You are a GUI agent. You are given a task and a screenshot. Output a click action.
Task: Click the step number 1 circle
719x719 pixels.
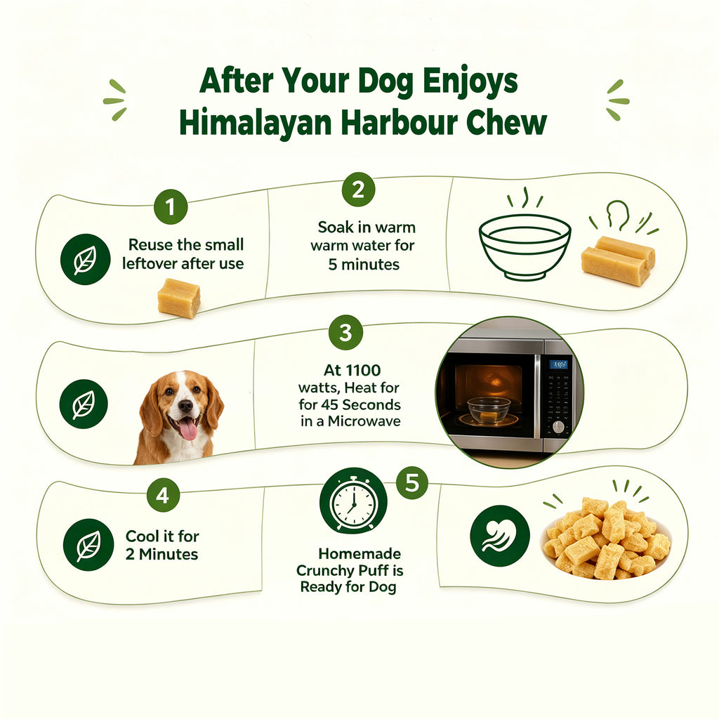pyautogui.click(x=171, y=207)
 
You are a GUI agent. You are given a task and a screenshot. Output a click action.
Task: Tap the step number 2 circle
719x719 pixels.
pyautogui.click(x=358, y=190)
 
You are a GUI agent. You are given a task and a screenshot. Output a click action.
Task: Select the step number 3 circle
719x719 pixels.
pyautogui.click(x=345, y=332)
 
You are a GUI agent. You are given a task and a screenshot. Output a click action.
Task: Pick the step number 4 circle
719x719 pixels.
pyautogui.click(x=163, y=495)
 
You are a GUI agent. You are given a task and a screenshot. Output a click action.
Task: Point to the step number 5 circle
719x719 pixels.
pyautogui.click(x=411, y=483)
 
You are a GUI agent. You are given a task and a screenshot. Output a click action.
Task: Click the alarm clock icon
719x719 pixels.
pyautogui.click(x=353, y=500)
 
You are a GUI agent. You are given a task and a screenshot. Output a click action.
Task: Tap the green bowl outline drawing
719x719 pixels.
pyautogui.click(x=525, y=246)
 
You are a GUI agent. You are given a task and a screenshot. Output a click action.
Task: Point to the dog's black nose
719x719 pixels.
pyautogui.click(x=185, y=405)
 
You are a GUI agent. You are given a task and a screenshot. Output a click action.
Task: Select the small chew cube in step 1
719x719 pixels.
pyautogui.click(x=179, y=298)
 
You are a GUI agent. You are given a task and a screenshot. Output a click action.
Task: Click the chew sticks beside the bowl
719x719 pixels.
pyautogui.click(x=618, y=260)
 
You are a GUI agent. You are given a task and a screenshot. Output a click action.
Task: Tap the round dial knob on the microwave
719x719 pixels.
pyautogui.click(x=558, y=428)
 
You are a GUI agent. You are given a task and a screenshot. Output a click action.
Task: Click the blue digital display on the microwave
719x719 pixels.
pyautogui.click(x=558, y=364)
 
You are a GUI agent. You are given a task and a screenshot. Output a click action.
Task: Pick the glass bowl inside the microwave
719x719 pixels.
pyautogui.click(x=489, y=409)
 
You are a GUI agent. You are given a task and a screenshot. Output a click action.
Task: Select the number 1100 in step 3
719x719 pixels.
pyautogui.click(x=363, y=370)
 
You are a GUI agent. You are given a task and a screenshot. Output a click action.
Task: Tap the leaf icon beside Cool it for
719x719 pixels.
pyautogui.click(x=88, y=545)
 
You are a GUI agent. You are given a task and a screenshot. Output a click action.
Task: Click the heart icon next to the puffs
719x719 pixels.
pyautogui.click(x=500, y=536)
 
